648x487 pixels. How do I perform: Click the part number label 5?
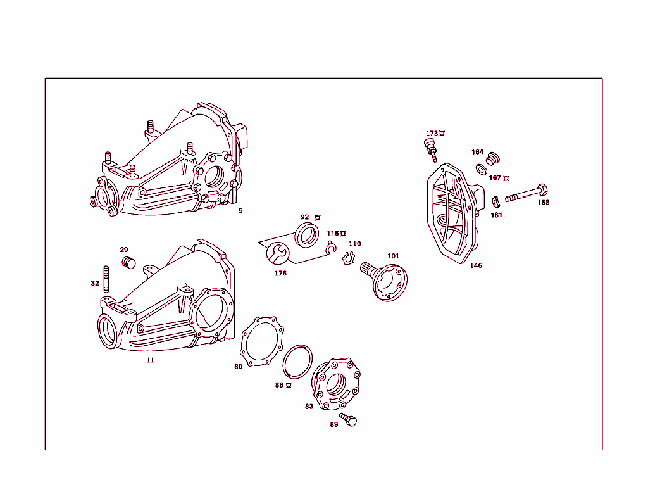point(240,211)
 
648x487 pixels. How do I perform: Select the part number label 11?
point(150,360)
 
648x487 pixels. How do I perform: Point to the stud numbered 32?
point(106,279)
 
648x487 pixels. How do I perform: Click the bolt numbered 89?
point(349,419)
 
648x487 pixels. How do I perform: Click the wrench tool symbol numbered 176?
point(277,253)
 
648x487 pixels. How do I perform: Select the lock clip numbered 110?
point(347,258)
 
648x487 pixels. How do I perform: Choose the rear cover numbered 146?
point(453,212)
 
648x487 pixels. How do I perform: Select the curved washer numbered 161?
point(497,201)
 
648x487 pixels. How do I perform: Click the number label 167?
point(495,179)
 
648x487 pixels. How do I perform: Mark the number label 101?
point(393,256)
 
